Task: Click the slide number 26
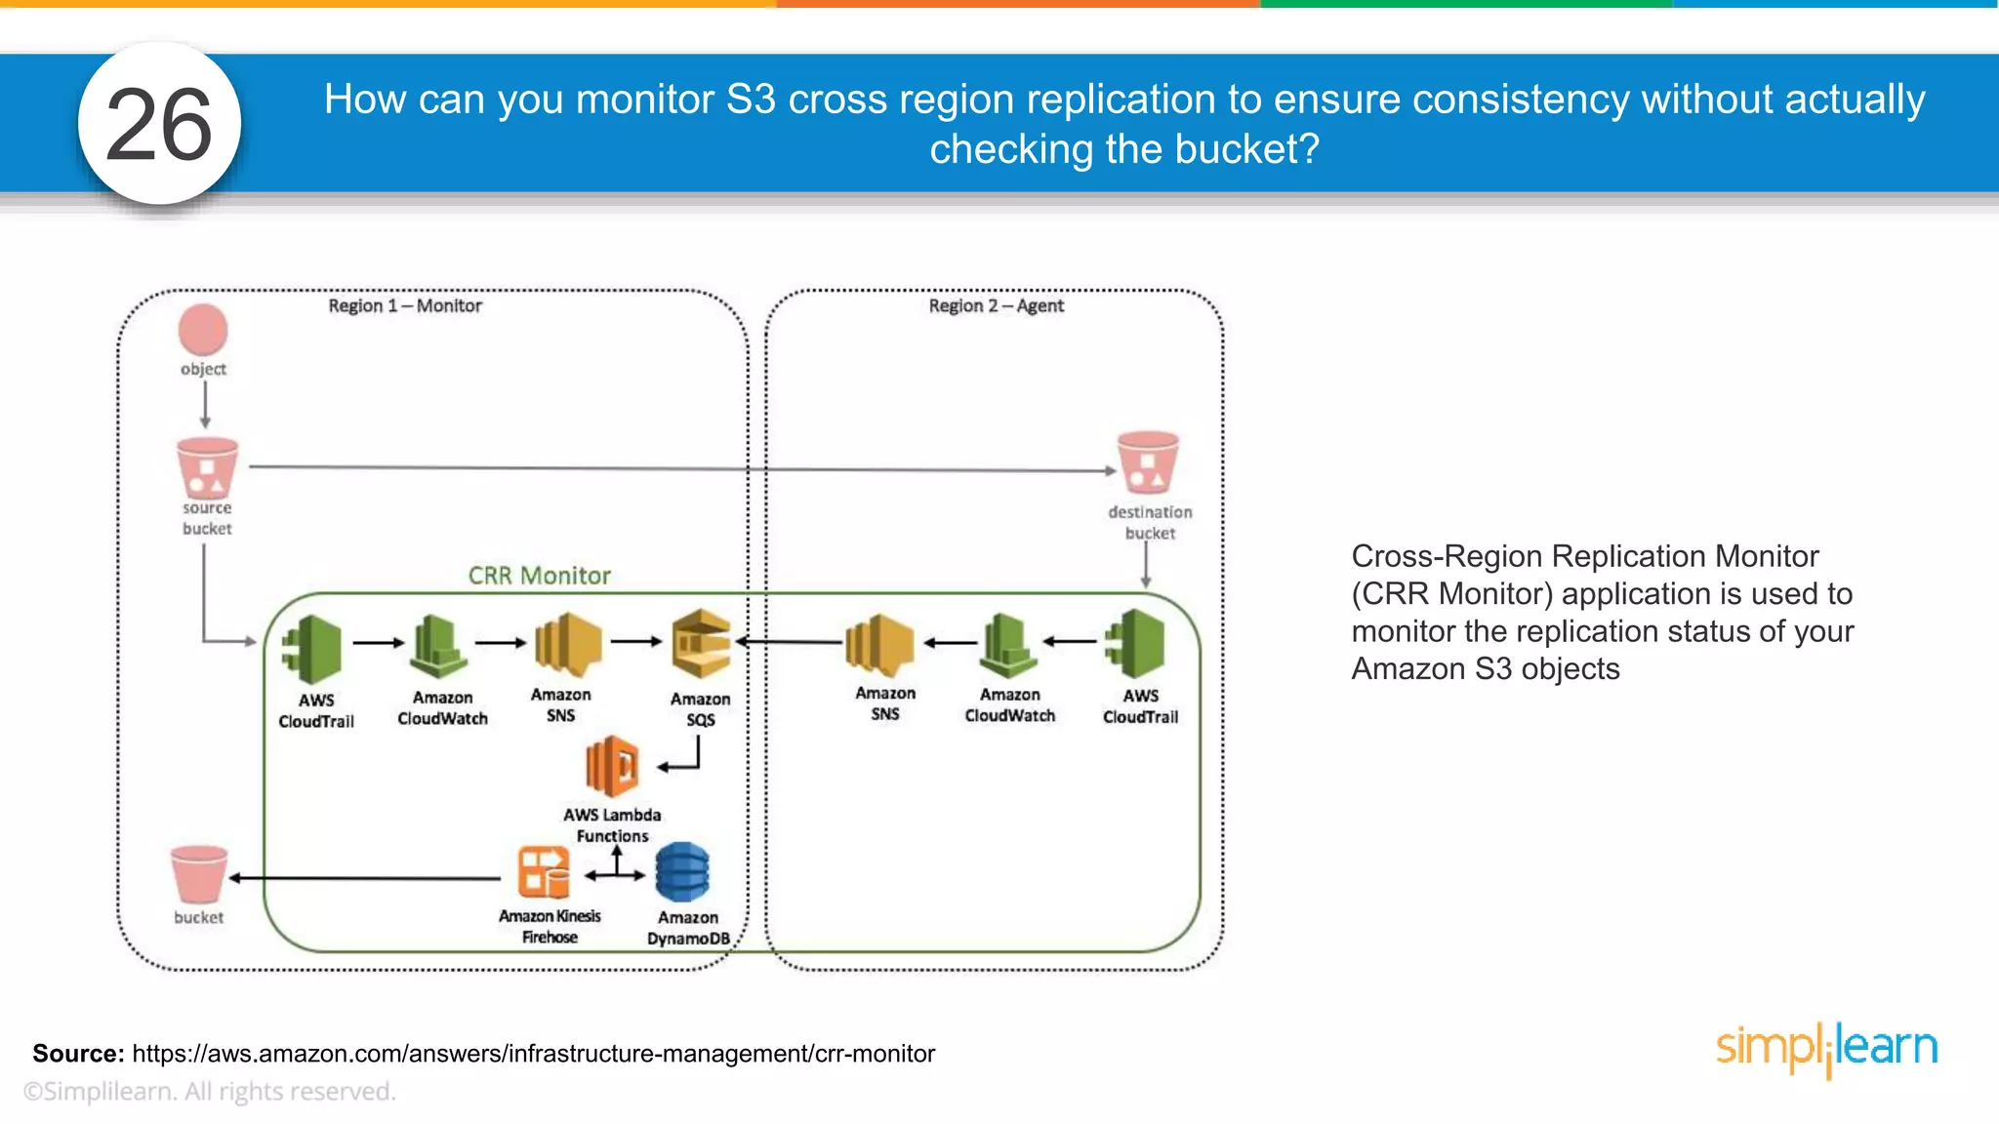pos(159,125)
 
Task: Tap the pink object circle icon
pos(203,330)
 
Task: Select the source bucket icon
pos(207,468)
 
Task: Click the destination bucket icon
pos(1148,462)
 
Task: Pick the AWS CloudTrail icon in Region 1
pos(313,649)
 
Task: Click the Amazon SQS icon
pos(701,644)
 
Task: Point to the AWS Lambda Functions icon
pos(613,767)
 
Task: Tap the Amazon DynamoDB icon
pos(682,872)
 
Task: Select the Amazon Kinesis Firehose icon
pos(544,871)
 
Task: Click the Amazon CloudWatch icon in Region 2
pos(1008,645)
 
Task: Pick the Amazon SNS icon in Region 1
pos(566,645)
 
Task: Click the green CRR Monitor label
pos(539,576)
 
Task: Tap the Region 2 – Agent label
pos(996,305)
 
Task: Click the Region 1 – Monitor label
pos(405,305)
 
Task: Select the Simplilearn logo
pos(1826,1048)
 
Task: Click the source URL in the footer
pos(533,1054)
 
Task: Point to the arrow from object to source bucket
pos(205,404)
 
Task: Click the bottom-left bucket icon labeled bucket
pos(199,874)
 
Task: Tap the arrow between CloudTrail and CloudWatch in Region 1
pos(378,643)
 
